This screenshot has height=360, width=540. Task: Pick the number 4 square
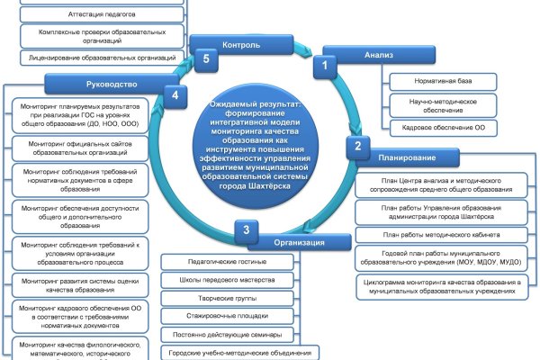[x=177, y=93]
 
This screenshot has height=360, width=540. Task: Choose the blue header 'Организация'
[x=299, y=242]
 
